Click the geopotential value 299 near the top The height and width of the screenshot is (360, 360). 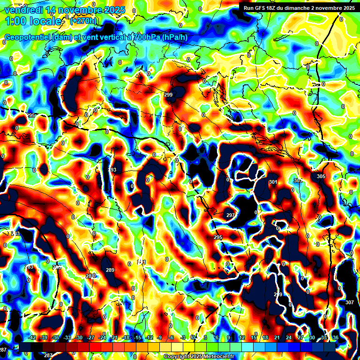coord(168,95)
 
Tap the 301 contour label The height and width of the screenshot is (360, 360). coord(273,182)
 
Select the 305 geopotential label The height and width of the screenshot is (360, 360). coord(321,176)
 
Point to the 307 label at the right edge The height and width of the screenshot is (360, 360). coord(350,302)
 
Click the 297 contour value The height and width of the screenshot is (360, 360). coord(231,215)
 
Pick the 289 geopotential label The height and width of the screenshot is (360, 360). coord(110,270)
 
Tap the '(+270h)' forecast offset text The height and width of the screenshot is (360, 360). coord(83,21)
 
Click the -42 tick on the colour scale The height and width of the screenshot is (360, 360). coord(32,337)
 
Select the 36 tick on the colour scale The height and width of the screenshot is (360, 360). coord(336,337)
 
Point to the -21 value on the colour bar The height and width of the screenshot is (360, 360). coord(114,337)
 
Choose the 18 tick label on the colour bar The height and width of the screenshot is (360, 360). coord(265,337)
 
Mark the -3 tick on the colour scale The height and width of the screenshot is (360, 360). coord(183,337)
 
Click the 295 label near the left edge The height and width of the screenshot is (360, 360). coord(31,115)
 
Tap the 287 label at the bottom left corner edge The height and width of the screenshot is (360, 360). coord(3,350)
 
